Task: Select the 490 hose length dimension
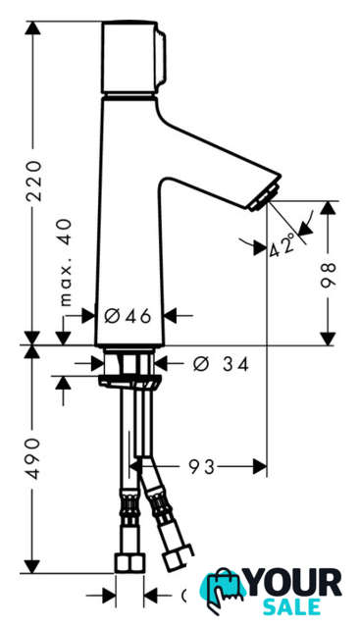(32, 458)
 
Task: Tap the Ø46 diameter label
(128, 316)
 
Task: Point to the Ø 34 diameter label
(221, 364)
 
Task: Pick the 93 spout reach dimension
(202, 467)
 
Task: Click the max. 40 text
(66, 262)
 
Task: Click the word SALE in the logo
(292, 607)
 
